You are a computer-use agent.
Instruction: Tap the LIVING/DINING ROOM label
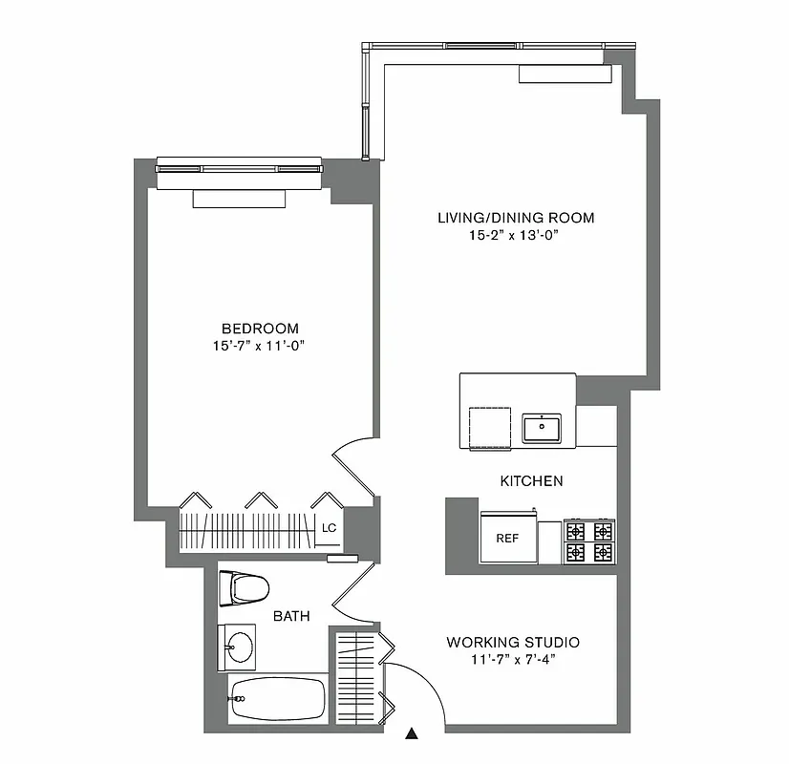pyautogui.click(x=516, y=218)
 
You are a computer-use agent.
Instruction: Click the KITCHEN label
pyautogui.click(x=531, y=480)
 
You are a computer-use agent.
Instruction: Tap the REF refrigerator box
pyautogui.click(x=507, y=538)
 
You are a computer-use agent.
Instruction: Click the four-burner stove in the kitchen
pyautogui.click(x=588, y=541)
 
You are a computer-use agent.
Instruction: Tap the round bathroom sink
pyautogui.click(x=238, y=647)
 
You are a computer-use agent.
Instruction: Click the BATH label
pyautogui.click(x=291, y=616)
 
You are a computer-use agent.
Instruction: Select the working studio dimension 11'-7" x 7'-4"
pyautogui.click(x=513, y=659)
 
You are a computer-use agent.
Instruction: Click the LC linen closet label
pyautogui.click(x=329, y=527)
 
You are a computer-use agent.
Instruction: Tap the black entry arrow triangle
pyautogui.click(x=412, y=733)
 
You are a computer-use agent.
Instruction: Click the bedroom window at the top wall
pyautogui.click(x=238, y=166)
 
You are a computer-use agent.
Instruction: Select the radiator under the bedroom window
pyautogui.click(x=238, y=199)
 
